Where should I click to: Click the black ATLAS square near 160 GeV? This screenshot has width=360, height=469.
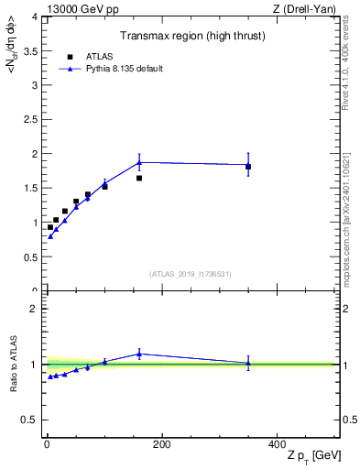(x=139, y=178)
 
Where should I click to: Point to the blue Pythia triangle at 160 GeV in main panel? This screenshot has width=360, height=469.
(x=139, y=162)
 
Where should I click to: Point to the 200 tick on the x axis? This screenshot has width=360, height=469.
(x=162, y=443)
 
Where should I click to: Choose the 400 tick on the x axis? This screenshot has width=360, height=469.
(x=277, y=443)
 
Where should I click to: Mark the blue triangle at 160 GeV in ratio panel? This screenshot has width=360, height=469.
(x=139, y=354)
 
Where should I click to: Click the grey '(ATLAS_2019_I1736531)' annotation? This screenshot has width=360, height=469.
(x=191, y=273)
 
